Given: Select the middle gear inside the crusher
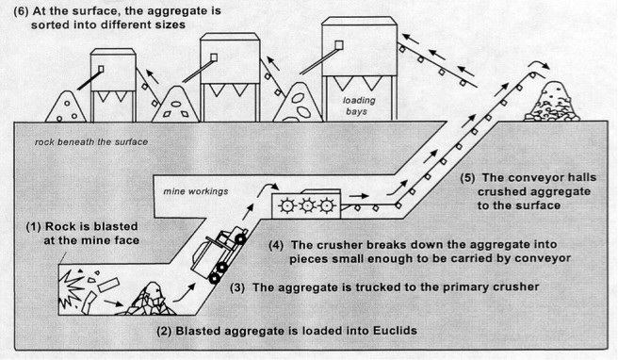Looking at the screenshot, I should [x=307, y=204].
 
